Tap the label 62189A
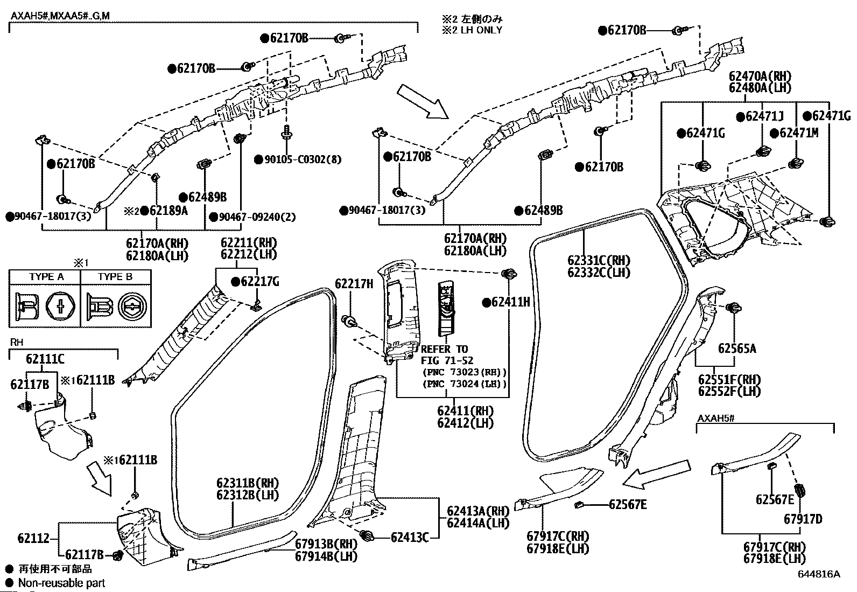coord(168,211)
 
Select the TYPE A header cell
coord(45,277)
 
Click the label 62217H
coord(354,284)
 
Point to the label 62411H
coord(511,302)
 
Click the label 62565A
coord(737,349)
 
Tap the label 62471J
coord(764,116)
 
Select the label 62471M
coord(799,133)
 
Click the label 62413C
coord(410,538)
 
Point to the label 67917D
coord(803,519)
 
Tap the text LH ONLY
coord(481,30)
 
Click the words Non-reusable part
coord(61,583)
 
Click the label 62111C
coord(45,359)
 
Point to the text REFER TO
coord(444,349)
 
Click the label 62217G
coord(260,282)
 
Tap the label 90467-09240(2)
coord(257,217)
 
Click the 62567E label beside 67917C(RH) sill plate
coord(628,505)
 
